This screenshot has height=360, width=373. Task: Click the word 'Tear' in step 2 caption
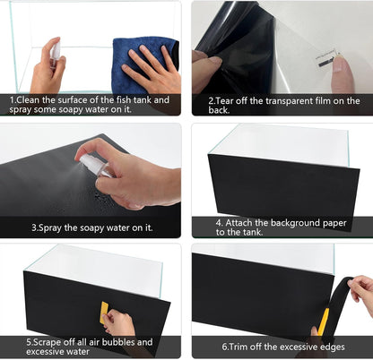pos(224,100)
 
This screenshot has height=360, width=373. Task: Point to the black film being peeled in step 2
pos(238,45)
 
